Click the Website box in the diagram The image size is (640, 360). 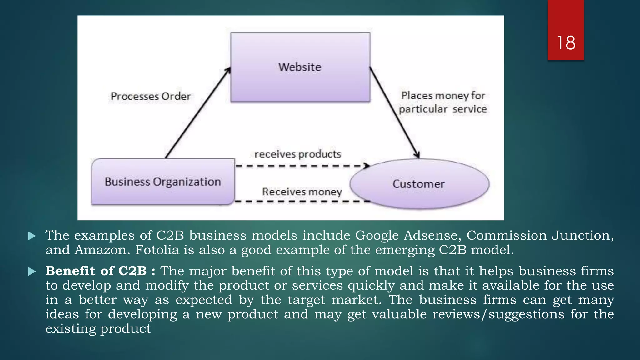tap(300, 67)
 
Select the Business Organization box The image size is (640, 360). tap(163, 182)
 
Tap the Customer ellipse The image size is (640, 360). tap(419, 184)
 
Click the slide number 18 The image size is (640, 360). tap(566, 43)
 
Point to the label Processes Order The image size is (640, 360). tap(151, 96)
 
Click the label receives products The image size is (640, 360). tap(297, 154)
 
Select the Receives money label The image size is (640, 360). tap(302, 192)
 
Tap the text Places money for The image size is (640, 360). tap(443, 95)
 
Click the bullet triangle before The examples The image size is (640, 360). tap(32, 236)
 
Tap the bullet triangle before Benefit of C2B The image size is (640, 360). tap(32, 272)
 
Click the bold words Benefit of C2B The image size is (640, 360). tap(96, 271)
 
